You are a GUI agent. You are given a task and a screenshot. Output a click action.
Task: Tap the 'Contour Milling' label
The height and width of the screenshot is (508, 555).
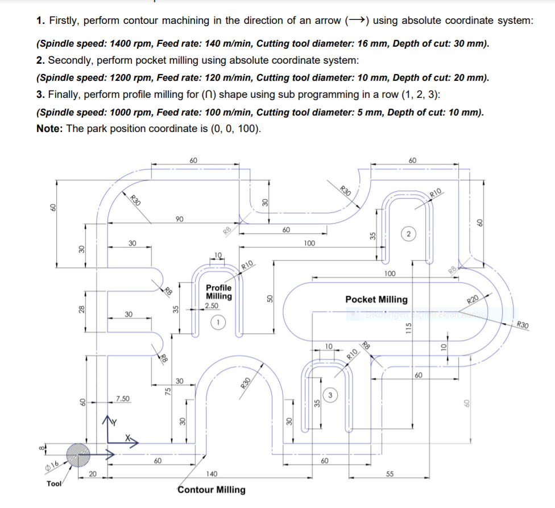click(x=212, y=490)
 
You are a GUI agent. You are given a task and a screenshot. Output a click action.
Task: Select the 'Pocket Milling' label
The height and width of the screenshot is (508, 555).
click(x=376, y=299)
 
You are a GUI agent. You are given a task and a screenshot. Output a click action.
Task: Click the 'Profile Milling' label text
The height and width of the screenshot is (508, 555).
click(x=219, y=292)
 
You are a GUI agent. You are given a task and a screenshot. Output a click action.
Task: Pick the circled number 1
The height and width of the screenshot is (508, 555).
click(x=218, y=322)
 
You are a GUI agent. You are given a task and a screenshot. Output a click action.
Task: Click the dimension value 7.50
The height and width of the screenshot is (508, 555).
click(x=122, y=398)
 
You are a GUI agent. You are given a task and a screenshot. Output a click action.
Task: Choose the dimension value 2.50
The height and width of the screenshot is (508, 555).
click(x=212, y=305)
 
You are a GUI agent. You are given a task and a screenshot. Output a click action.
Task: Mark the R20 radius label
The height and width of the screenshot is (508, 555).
click(x=474, y=300)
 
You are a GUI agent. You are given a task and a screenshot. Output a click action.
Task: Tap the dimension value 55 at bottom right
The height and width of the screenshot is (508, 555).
click(x=390, y=473)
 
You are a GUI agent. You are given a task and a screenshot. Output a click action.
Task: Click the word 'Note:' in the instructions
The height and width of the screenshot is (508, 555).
click(x=49, y=128)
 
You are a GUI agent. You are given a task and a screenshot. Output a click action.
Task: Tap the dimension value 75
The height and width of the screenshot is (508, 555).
click(x=168, y=390)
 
